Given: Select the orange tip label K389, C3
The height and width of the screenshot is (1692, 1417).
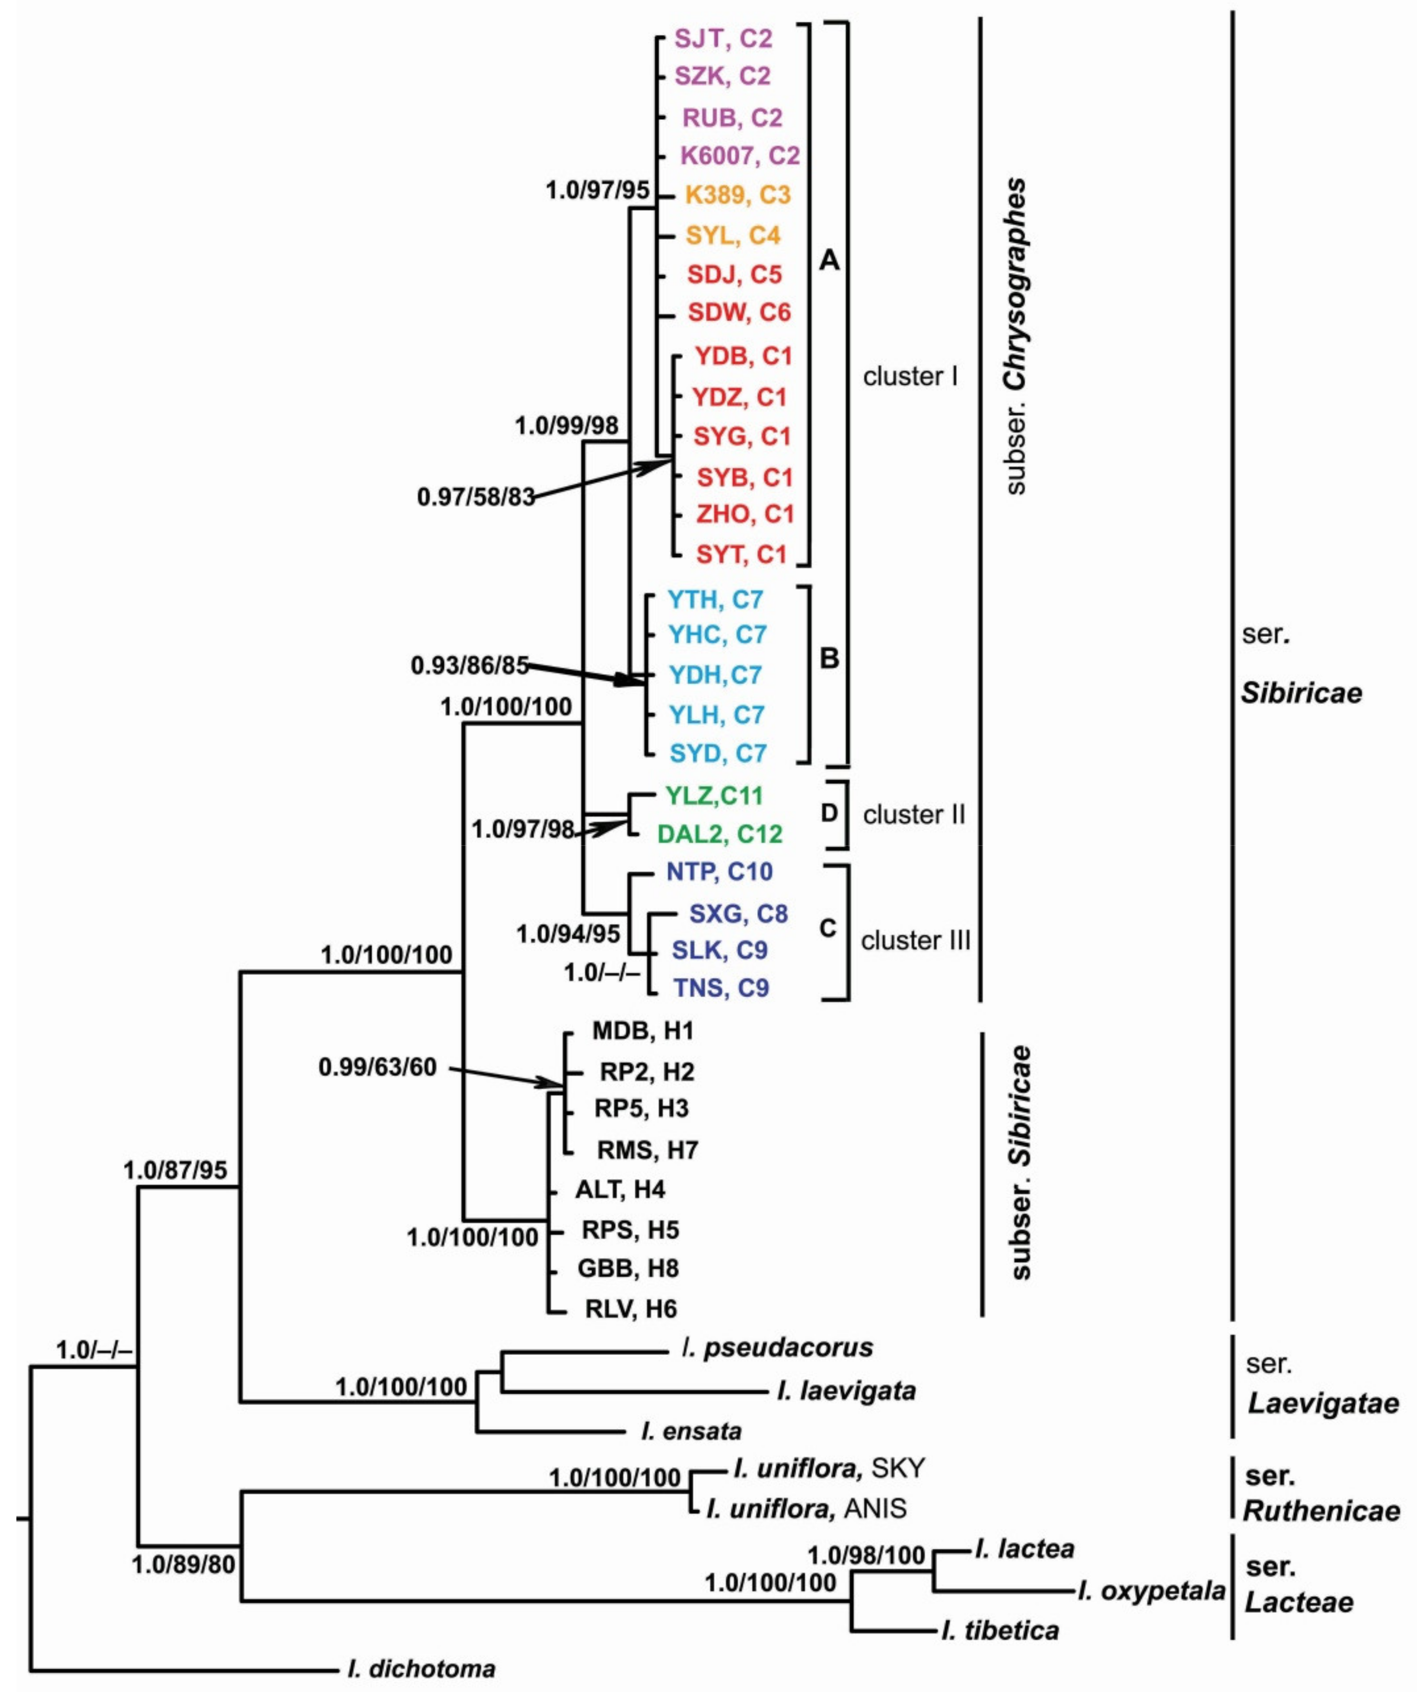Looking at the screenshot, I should pyautogui.click(x=737, y=195).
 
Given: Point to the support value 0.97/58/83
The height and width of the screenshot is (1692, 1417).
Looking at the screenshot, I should pyautogui.click(x=476, y=497).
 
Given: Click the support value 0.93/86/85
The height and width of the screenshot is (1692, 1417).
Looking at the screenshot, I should pyautogui.click(x=470, y=665).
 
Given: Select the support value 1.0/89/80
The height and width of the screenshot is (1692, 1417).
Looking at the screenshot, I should pyautogui.click(x=184, y=1564).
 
